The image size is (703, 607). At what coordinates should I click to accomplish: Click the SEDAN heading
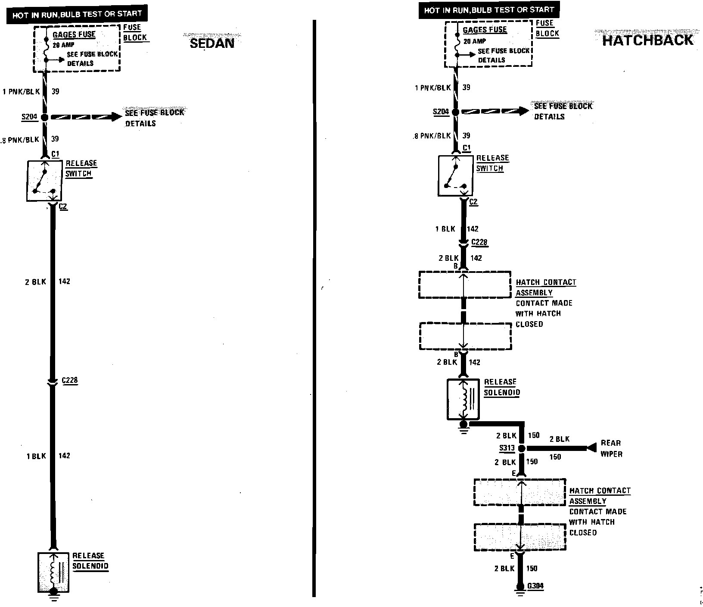pos(212,43)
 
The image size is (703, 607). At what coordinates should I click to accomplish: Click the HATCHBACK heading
pos(647,40)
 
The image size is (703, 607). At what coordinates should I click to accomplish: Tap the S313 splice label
pos(507,448)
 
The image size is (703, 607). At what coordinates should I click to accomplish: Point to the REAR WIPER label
pos(611,448)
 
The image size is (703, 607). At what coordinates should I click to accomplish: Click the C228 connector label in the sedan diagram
pos(70,380)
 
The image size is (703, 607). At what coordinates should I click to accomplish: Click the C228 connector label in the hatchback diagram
pos(479,242)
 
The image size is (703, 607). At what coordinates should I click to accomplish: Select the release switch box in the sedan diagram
pos(44,181)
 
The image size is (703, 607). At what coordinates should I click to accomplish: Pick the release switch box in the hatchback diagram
pos(455,176)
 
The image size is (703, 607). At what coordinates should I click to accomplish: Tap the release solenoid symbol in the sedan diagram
pos(53,572)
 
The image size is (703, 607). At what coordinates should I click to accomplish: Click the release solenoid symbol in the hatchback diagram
pos(463,399)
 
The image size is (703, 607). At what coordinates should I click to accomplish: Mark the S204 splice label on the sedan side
pos(29,117)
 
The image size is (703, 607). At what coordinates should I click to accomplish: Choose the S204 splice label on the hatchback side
pos(441,112)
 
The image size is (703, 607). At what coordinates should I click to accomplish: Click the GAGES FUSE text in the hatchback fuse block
pos(485,30)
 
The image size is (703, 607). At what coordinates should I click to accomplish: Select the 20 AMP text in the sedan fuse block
pos(64,45)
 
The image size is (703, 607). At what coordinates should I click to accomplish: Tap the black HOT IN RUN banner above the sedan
pos(77,15)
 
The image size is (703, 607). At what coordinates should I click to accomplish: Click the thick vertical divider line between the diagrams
pos(314,302)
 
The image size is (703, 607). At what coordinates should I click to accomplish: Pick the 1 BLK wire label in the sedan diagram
pos(36,456)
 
